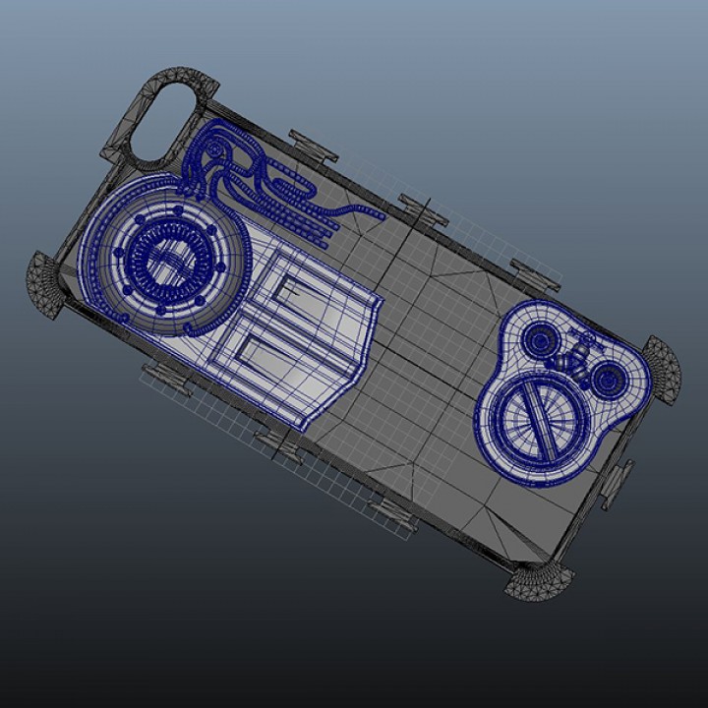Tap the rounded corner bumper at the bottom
(x=540, y=582)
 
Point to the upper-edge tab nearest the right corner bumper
(x=536, y=274)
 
